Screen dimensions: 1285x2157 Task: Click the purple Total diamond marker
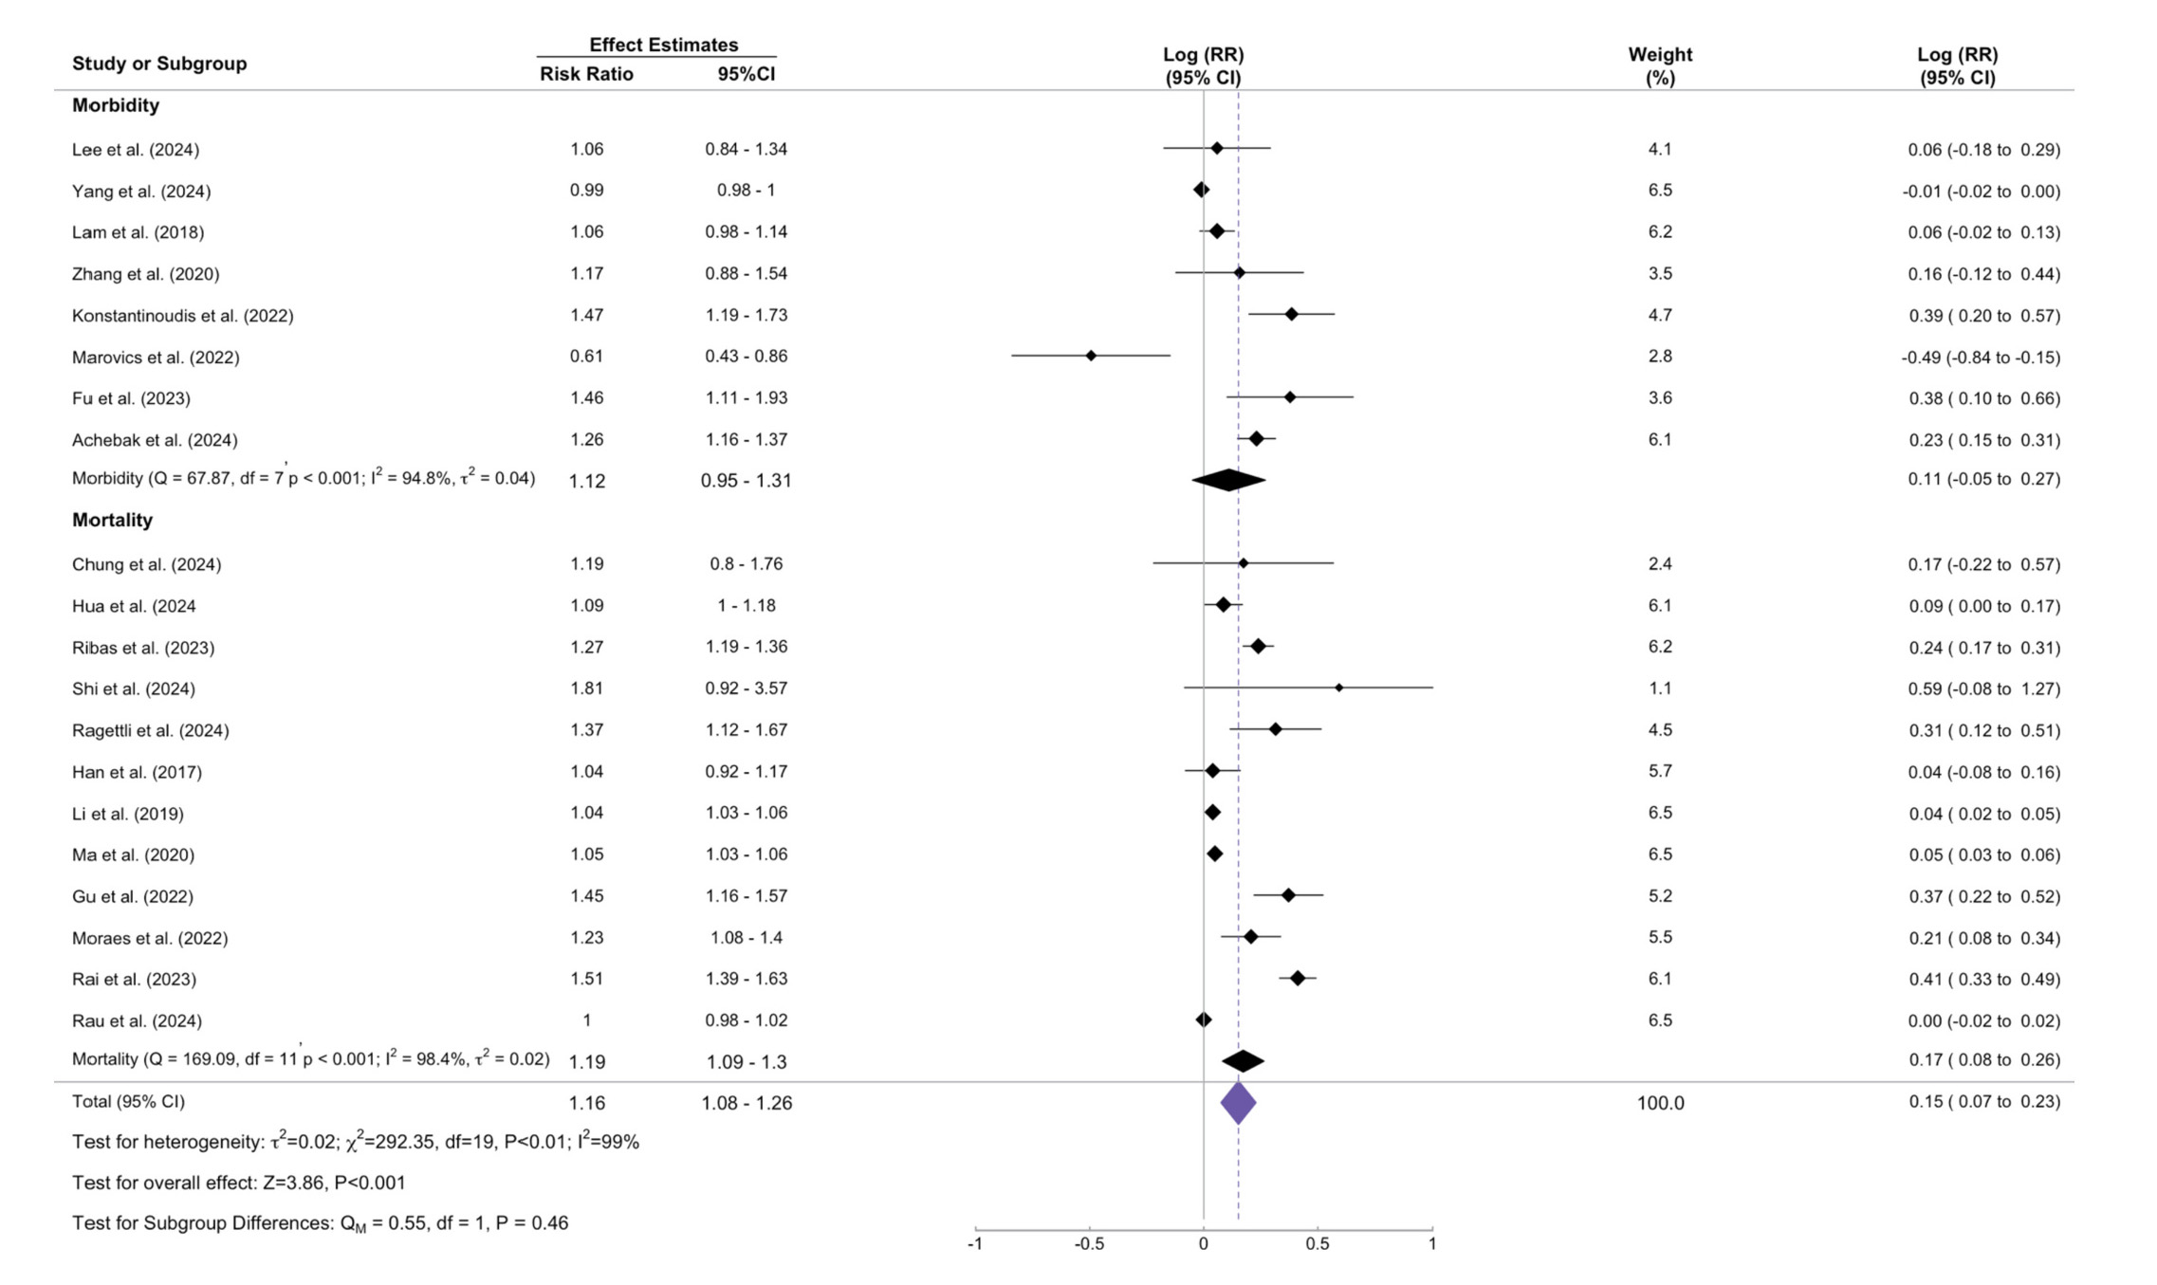[1238, 1103]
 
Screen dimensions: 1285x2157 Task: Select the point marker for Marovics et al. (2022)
[1091, 356]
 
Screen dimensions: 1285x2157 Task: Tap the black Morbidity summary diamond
[1228, 480]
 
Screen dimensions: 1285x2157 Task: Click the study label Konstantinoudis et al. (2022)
[183, 316]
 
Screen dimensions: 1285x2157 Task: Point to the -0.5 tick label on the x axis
[1089, 1244]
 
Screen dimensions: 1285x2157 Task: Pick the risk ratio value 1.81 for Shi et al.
[586, 688]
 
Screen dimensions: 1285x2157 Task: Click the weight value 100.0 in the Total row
[1660, 1103]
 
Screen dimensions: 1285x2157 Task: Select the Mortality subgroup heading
[112, 520]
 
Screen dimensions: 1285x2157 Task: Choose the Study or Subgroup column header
[159, 64]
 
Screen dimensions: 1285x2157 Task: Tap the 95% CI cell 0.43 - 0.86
[746, 357]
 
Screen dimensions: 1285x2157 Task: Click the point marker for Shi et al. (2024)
[1338, 688]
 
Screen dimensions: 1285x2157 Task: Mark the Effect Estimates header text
[663, 45]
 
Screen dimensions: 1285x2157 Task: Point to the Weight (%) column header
[1660, 65]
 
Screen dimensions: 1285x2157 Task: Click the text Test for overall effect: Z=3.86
[238, 1183]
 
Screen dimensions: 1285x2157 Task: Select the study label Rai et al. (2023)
[134, 980]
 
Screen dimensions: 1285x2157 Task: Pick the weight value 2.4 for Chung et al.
[1660, 564]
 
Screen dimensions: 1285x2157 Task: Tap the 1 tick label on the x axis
[1431, 1244]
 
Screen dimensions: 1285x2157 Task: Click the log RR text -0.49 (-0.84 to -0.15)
[1981, 358]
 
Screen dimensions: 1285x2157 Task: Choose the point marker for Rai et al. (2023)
[1298, 979]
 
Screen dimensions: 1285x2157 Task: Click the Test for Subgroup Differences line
[320, 1223]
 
